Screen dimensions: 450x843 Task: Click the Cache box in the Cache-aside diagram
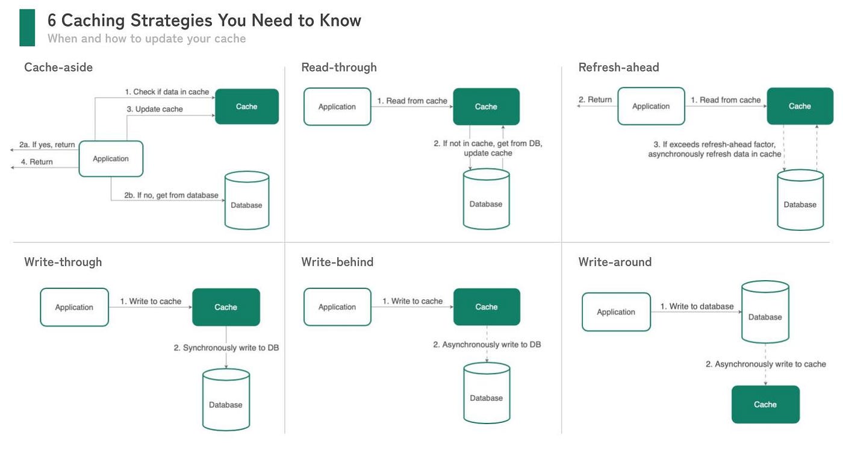click(x=247, y=107)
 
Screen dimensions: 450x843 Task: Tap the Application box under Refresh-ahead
click(x=651, y=106)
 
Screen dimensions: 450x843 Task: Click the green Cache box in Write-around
click(x=765, y=404)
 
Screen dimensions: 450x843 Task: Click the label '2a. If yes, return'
click(x=47, y=145)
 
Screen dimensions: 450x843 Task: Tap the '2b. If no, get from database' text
click(x=171, y=195)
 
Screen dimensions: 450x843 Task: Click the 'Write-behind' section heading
click(x=337, y=262)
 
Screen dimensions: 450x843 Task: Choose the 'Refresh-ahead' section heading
click(x=618, y=67)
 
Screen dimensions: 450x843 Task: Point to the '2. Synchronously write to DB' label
click(x=226, y=348)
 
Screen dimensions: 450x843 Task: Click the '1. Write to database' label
click(x=697, y=307)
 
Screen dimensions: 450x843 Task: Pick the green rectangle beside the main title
click(x=27, y=28)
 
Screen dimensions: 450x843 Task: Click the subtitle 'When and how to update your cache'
click(x=146, y=39)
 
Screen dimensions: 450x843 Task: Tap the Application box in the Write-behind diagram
click(x=337, y=307)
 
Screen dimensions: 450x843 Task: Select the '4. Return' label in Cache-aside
click(x=37, y=162)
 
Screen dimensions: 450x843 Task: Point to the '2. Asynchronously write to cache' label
click(x=765, y=364)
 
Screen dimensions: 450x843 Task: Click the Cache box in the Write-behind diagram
click(x=486, y=307)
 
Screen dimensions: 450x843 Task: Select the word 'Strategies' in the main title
click(x=169, y=20)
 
